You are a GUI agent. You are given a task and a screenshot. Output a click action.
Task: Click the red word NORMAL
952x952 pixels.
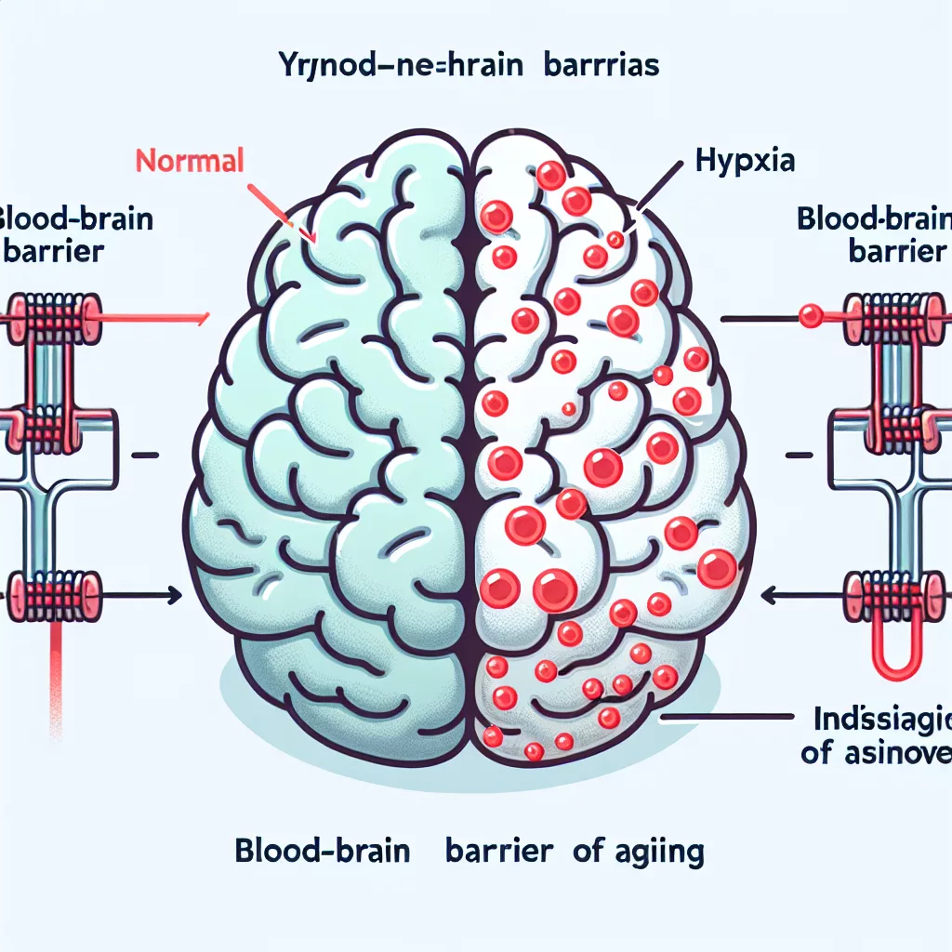tap(190, 160)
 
